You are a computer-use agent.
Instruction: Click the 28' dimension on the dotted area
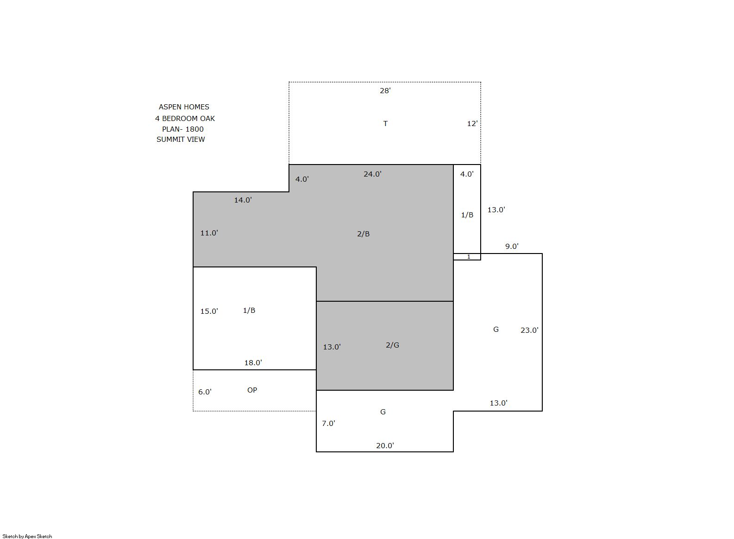coord(385,90)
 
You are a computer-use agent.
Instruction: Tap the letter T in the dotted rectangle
coord(385,124)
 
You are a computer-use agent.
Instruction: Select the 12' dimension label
coord(472,124)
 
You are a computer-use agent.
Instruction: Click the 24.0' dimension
coord(372,174)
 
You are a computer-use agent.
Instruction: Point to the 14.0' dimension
coord(243,200)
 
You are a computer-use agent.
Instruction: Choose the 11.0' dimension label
coord(209,233)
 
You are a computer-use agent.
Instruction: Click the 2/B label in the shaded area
coord(364,234)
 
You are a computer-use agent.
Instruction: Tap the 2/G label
coord(392,345)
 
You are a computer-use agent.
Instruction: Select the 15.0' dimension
coord(209,311)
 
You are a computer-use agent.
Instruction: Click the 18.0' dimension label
coord(253,362)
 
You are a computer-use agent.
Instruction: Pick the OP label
coord(252,390)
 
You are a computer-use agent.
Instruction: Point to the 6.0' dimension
coord(205,392)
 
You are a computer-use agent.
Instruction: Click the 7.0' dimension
coord(328,423)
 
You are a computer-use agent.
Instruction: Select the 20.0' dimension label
coord(385,445)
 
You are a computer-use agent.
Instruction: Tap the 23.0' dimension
coord(529,330)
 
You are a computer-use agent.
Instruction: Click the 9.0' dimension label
coord(512,246)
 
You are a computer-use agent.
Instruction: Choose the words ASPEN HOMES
coord(184,107)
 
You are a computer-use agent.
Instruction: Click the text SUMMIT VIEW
coord(181,140)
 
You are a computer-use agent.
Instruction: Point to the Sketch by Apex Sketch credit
coord(27,536)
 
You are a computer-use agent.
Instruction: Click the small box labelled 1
coord(467,257)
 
